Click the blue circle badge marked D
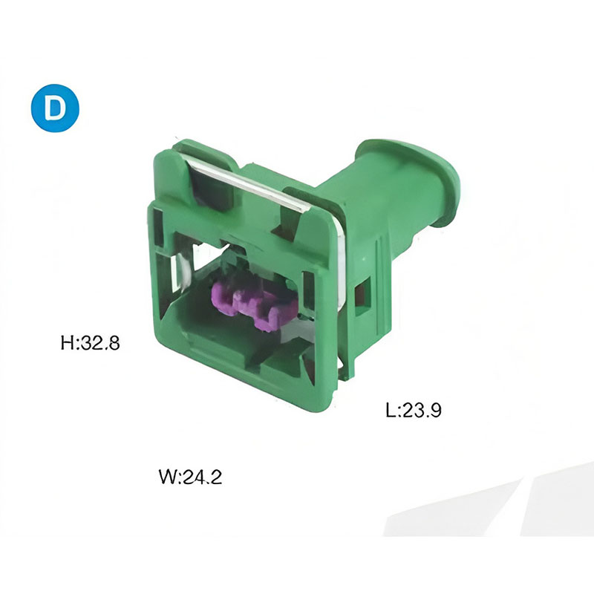55,108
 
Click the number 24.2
202,477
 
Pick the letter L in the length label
391,410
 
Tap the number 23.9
421,410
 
